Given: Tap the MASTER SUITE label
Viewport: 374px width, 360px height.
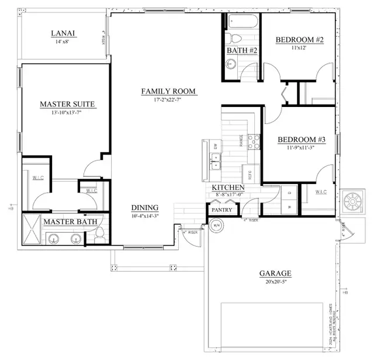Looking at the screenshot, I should pos(67,104).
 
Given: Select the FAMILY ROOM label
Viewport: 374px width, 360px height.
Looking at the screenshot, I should pos(168,91).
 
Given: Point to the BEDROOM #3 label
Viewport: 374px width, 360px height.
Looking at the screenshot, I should pos(301,140).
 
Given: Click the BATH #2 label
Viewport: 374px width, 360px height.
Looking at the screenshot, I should pos(242,51).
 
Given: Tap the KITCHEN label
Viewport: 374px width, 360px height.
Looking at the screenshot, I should pos(228,188).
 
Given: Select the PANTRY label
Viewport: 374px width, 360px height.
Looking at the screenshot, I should pos(222,210).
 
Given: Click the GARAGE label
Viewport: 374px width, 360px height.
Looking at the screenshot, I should pos(275,273).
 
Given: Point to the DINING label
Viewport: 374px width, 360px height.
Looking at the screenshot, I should pos(146,207).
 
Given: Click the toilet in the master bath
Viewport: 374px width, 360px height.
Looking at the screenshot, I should pos(99,235).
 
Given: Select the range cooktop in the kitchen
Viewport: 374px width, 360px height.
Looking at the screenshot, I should pos(254,141).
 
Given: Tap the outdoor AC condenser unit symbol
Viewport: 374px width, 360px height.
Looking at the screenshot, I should pos(354,201).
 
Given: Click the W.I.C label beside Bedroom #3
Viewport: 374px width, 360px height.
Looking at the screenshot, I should pos(321,192).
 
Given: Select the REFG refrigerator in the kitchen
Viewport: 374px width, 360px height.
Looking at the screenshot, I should pos(250,174).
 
